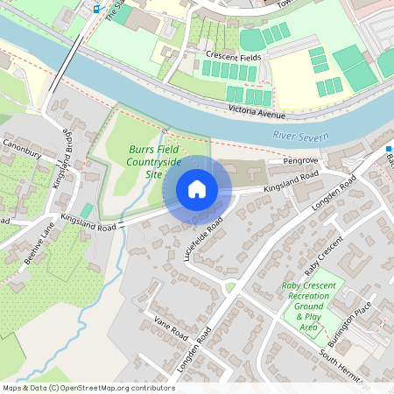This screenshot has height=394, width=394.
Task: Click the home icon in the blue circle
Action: [197, 189]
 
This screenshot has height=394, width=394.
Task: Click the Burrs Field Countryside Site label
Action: [155, 162]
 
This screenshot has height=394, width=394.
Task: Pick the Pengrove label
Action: [299, 162]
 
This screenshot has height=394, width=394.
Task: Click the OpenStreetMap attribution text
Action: [88, 388]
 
